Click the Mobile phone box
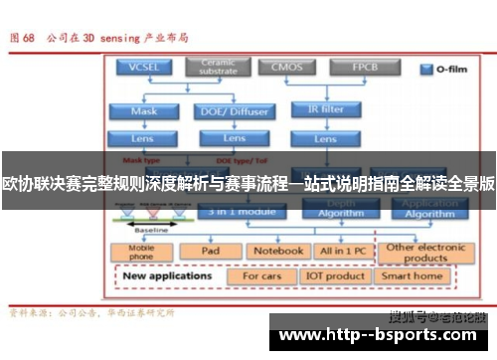click(x=142, y=251)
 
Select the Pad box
click(x=211, y=251)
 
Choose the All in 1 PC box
click(x=342, y=251)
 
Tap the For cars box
click(x=262, y=275)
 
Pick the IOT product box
click(x=336, y=275)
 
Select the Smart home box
click(x=413, y=275)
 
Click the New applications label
click(x=170, y=275)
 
